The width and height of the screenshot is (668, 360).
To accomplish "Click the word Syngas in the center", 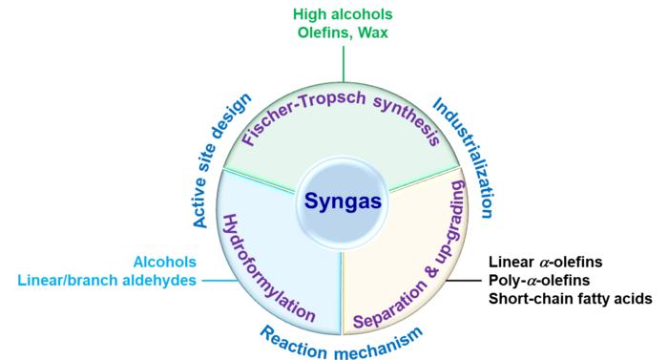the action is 343,201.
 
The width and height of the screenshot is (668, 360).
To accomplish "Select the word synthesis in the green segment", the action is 407,120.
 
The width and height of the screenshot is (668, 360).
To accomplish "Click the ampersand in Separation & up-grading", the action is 433,272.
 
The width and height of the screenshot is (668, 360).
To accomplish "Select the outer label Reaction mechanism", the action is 341,343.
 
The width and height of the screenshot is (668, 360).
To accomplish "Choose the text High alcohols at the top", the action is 343,14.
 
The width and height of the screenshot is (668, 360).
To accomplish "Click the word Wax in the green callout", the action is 373,32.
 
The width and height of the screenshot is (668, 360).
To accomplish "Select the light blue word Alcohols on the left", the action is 165,262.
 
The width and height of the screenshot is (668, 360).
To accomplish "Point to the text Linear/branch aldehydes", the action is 107,280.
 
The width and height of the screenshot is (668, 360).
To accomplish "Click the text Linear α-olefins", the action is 545,262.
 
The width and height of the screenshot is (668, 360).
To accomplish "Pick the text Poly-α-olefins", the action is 539,280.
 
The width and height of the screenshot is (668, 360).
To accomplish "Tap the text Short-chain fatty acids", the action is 570,299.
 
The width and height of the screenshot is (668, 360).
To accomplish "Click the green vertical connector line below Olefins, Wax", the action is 344,64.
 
